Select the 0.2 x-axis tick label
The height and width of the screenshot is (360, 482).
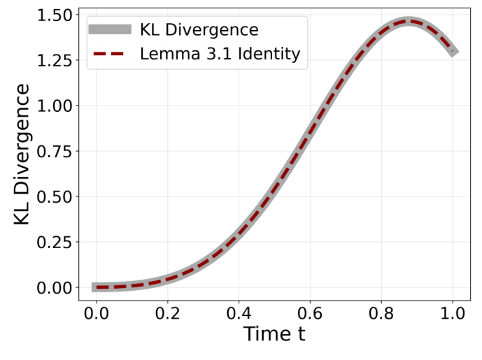[168, 312]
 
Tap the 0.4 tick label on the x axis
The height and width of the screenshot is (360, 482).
[239, 312]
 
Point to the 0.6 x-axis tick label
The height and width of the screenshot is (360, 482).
[311, 312]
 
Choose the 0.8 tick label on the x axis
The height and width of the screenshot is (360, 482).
[382, 312]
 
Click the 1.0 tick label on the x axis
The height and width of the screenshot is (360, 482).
[453, 312]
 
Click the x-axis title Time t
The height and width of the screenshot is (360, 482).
[275, 335]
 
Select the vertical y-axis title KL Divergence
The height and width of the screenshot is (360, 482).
[22, 154]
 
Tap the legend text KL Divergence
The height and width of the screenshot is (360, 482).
[199, 30]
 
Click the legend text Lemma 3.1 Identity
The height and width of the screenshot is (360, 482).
[220, 55]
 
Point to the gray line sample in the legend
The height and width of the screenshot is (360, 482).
[109, 29]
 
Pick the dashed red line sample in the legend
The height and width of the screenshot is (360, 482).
[109, 55]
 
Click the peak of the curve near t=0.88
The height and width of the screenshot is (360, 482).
[409, 22]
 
